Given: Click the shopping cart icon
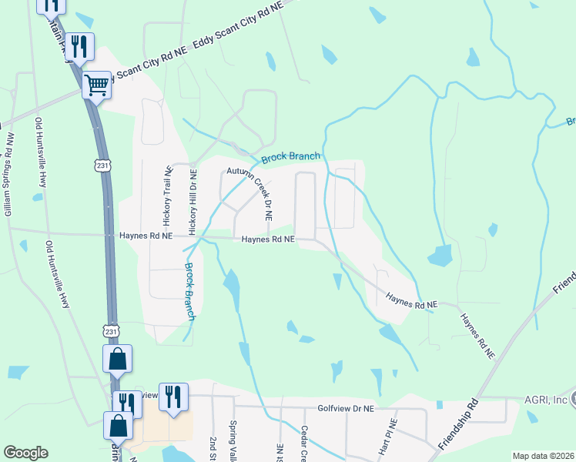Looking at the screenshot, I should [97, 85].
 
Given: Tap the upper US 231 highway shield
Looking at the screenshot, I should [103, 165].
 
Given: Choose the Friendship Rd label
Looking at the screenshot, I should [459, 426].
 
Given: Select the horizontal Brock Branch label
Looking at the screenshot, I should [290, 158].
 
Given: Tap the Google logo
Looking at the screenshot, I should [25, 453].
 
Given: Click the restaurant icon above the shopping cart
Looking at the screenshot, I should [80, 46].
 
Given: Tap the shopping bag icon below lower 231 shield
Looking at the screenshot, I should [118, 426].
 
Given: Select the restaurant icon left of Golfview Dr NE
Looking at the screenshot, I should [173, 397].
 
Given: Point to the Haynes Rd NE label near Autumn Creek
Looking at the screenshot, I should [268, 239].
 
